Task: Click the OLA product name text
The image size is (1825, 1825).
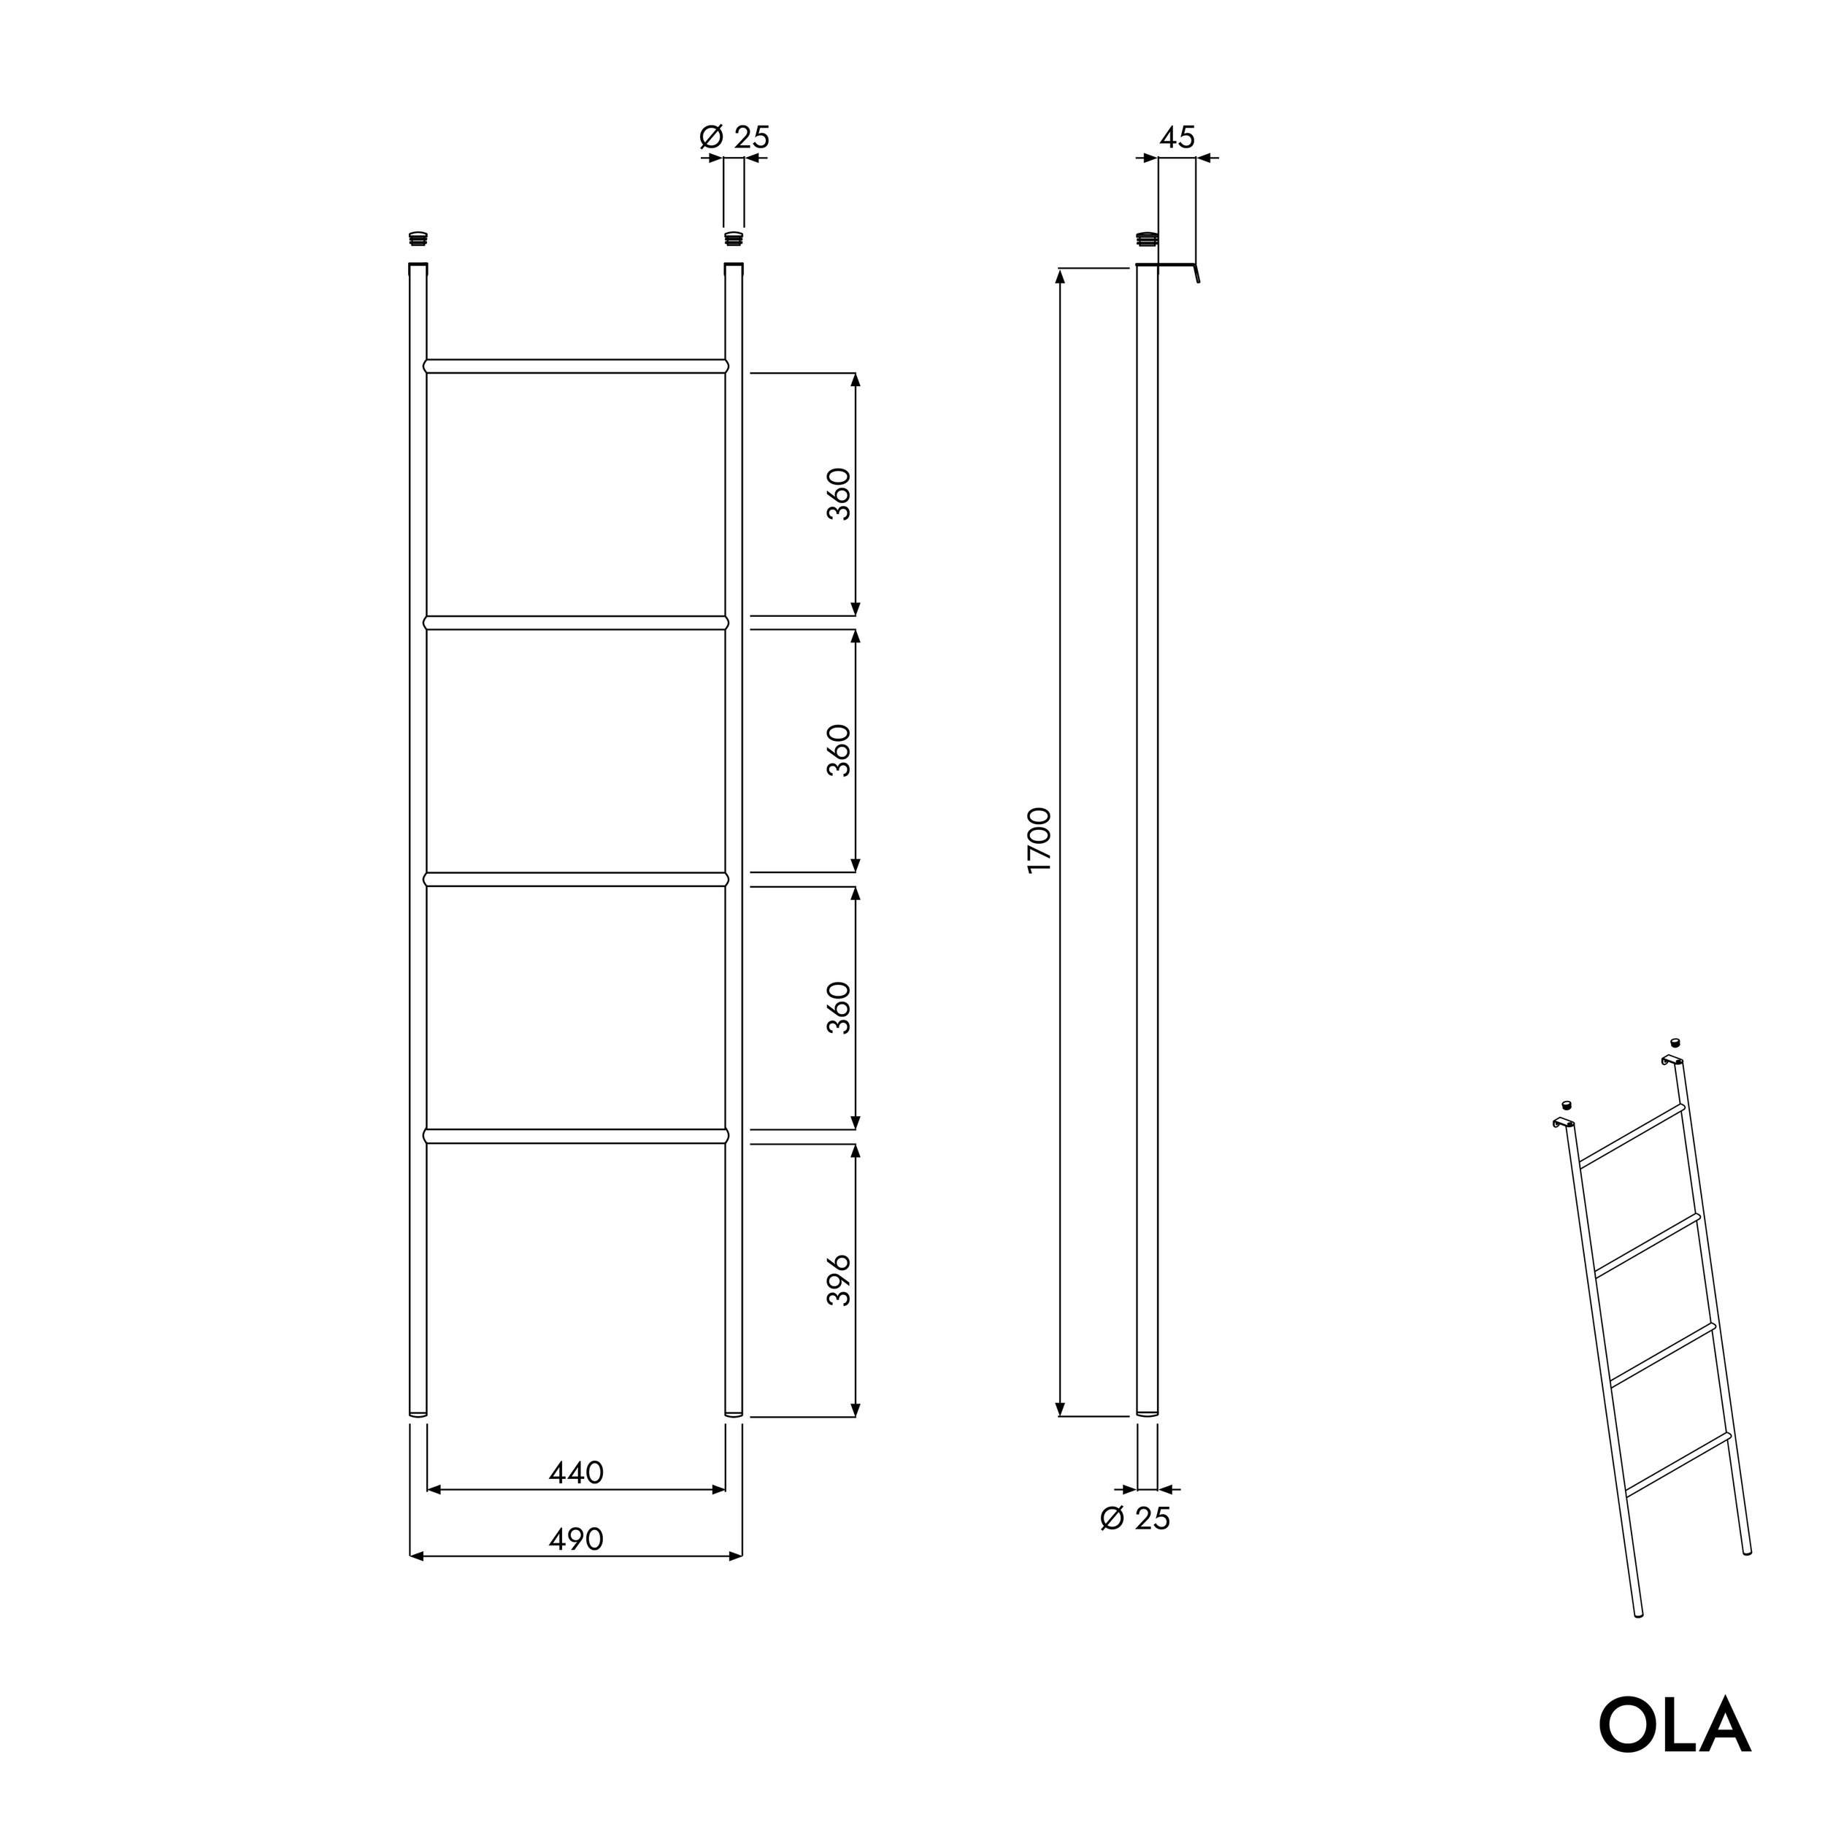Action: (1674, 1726)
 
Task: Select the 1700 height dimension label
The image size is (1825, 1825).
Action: (1039, 839)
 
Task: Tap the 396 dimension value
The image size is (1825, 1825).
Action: (839, 1281)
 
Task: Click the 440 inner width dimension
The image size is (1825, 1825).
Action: (576, 1472)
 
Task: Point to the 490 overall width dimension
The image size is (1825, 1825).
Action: (576, 1539)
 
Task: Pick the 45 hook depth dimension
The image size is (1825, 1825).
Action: (1177, 138)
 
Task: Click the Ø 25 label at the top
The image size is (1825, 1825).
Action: (735, 138)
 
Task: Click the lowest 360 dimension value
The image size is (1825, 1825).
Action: (839, 1008)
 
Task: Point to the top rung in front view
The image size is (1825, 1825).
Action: (576, 366)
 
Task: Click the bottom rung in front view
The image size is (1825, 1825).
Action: (576, 1137)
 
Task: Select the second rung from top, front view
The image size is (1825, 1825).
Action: (576, 623)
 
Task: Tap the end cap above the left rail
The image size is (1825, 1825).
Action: (418, 239)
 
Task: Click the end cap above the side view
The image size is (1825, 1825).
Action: (1147, 238)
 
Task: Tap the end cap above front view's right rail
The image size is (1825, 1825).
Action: (733, 239)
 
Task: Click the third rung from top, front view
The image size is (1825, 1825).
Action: (576, 880)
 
